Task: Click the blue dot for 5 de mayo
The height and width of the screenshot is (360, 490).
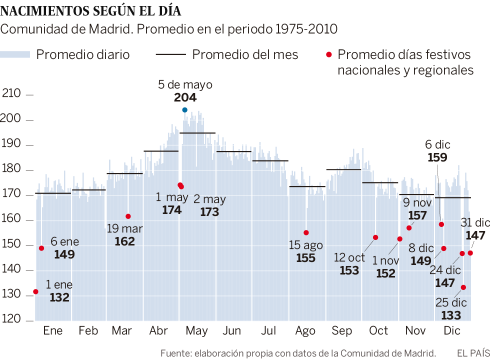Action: [x=184, y=110]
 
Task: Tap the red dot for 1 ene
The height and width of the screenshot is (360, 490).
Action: [x=35, y=291]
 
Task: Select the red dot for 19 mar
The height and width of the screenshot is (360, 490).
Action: [x=128, y=216]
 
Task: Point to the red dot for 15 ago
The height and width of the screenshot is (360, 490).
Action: [x=306, y=232]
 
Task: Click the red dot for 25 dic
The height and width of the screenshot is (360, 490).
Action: [x=463, y=287]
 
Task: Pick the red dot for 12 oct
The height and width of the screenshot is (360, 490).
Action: [x=375, y=237]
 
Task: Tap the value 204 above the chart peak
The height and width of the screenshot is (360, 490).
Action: [x=185, y=98]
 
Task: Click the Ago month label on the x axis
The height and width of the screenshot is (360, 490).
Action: [x=305, y=331]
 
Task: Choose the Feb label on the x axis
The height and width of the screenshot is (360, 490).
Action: [x=88, y=331]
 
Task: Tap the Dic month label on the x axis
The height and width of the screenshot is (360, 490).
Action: [x=452, y=331]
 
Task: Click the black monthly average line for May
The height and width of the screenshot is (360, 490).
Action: [x=197, y=133]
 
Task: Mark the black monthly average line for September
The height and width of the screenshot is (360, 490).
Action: [x=343, y=169]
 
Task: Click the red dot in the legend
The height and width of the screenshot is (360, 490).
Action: [x=328, y=54]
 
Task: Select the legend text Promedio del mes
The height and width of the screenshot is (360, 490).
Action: [x=245, y=54]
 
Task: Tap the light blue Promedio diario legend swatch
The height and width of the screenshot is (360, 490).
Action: [x=15, y=54]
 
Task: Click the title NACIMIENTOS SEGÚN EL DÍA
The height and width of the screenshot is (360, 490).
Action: [x=91, y=10]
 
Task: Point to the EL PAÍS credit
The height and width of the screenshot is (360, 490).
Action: [x=472, y=353]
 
